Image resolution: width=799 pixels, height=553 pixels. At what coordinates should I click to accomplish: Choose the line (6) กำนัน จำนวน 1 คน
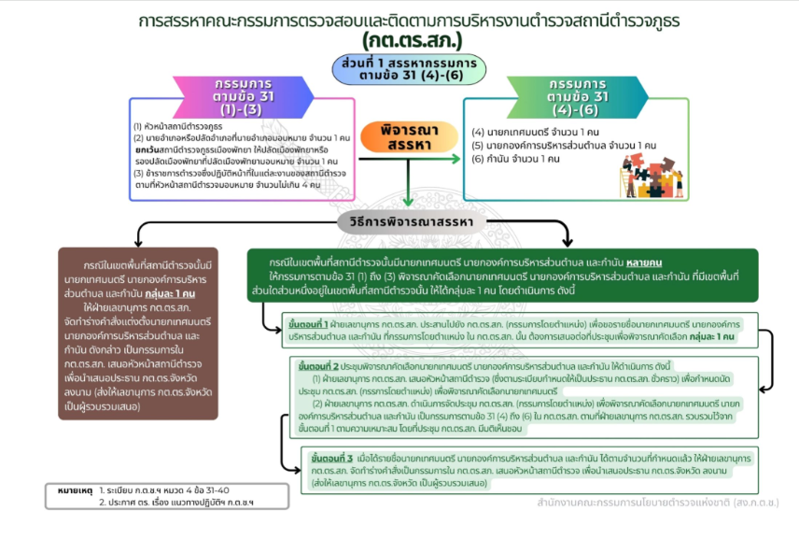coord(516,159)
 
